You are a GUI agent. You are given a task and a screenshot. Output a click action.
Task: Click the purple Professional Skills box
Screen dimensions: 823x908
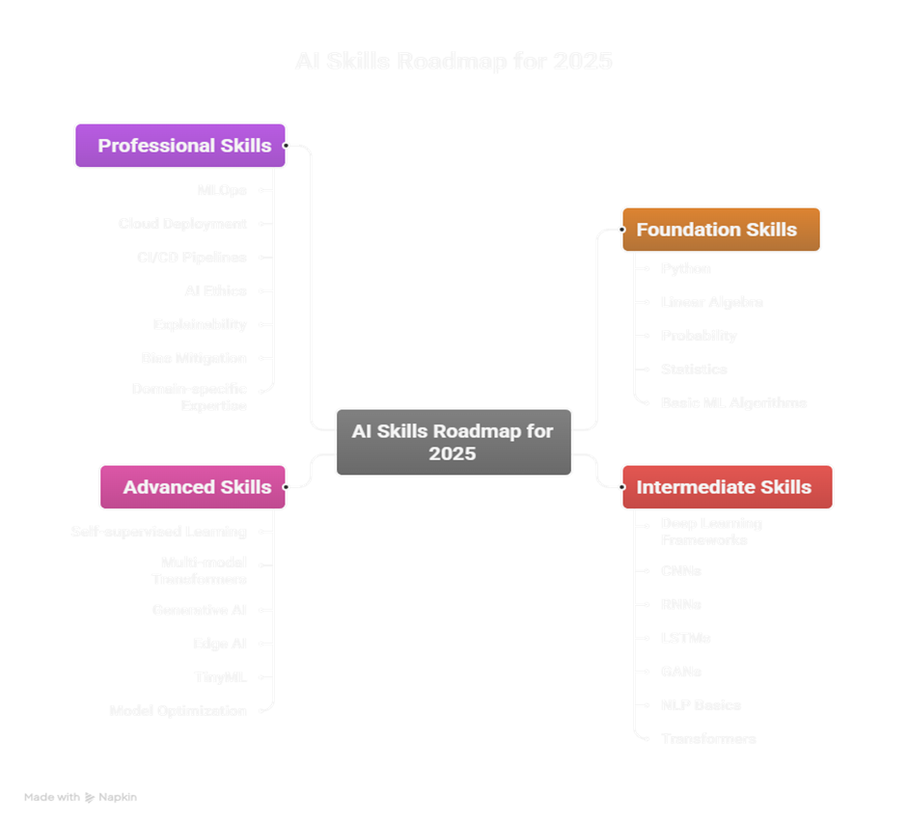tap(180, 146)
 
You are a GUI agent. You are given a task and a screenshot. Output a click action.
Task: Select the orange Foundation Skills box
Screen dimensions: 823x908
tap(721, 230)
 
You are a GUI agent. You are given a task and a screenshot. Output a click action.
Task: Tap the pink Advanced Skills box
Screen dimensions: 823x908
tap(193, 487)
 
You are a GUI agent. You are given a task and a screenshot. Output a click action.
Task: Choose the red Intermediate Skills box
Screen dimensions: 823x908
tap(727, 487)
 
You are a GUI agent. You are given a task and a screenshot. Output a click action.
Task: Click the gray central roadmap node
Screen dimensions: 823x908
tap(454, 442)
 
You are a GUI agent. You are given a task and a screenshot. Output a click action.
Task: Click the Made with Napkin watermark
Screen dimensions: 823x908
tap(80, 798)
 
